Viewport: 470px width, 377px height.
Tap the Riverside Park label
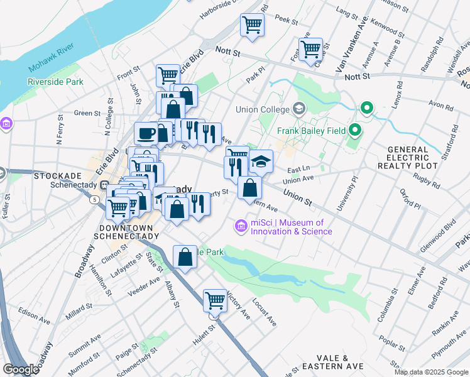tap(55, 82)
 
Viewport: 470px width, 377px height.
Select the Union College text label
tap(262, 109)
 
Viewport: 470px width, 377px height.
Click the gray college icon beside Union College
tap(298, 109)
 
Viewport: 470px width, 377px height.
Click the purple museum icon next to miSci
tap(241, 226)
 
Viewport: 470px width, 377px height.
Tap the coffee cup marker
tap(146, 133)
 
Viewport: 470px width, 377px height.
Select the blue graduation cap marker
tap(261, 162)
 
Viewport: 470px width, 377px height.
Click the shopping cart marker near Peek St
tap(252, 25)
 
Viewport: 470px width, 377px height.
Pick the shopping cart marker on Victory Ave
tap(215, 300)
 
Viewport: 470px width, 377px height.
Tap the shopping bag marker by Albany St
tap(185, 257)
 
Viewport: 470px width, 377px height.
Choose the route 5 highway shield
tap(94, 200)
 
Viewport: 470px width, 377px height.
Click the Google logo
tap(21, 369)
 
